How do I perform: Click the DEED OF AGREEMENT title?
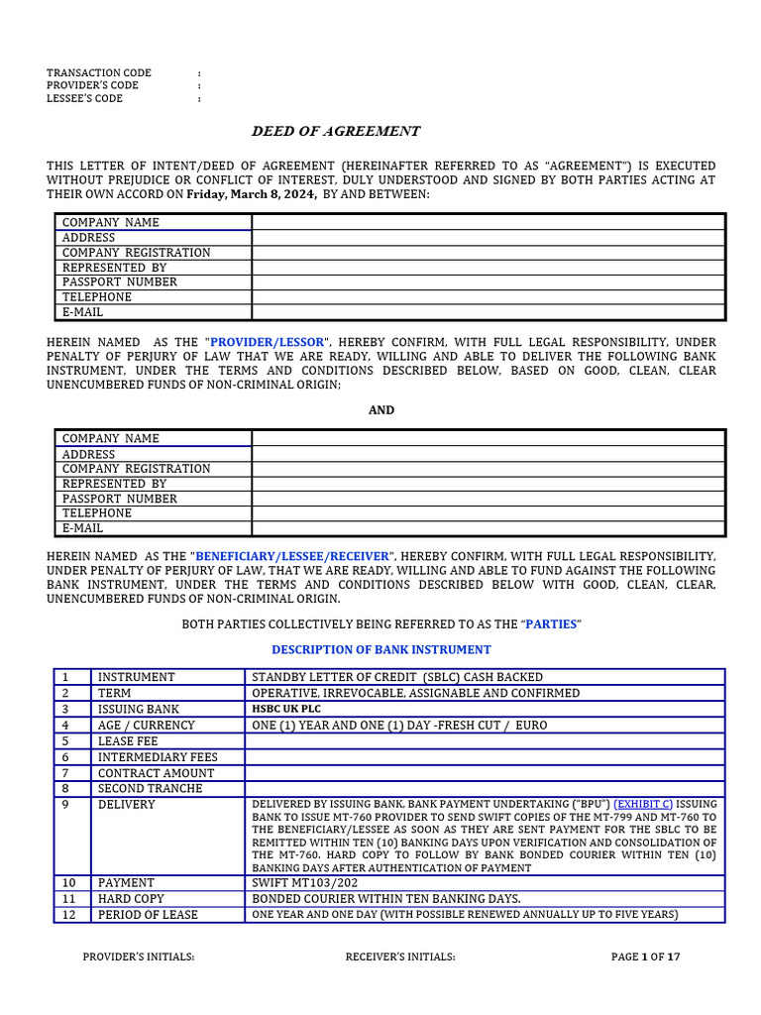point(335,131)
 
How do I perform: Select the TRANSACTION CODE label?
point(99,73)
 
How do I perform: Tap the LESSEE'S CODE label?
point(85,99)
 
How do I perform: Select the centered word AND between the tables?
point(381,409)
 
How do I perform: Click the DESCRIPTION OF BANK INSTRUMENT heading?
point(381,650)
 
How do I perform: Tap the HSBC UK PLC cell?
point(286,710)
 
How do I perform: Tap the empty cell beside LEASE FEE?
point(485,741)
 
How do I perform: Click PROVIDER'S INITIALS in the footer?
point(138,957)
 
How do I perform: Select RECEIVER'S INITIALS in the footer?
point(400,957)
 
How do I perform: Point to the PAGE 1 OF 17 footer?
point(646,957)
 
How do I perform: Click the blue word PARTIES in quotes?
point(550,624)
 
